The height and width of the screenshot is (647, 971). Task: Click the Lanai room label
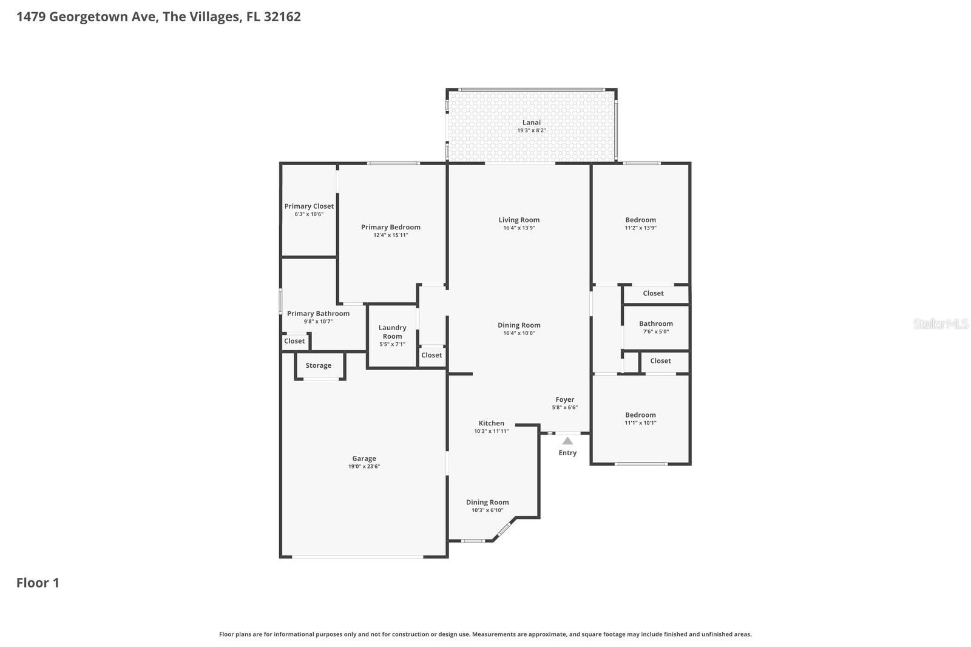(x=531, y=123)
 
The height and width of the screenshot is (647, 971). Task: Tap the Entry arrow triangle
(x=567, y=441)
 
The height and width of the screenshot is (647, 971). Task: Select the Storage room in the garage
(x=319, y=365)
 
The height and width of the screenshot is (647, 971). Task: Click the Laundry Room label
(x=392, y=331)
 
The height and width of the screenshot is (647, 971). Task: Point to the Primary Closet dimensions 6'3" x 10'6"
(x=309, y=214)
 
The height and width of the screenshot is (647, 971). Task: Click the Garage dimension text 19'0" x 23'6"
(x=364, y=467)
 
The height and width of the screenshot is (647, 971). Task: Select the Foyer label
(x=564, y=399)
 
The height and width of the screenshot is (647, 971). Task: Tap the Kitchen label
(x=491, y=423)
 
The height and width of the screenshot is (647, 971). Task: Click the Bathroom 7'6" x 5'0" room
(x=655, y=327)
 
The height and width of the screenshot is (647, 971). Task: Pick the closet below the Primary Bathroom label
(x=294, y=341)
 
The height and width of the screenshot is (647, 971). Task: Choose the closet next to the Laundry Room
(x=431, y=355)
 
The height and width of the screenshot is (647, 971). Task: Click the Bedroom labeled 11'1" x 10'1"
(x=640, y=418)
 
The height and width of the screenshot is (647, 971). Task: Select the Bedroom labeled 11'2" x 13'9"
(x=640, y=223)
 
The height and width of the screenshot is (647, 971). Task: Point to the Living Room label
(x=519, y=220)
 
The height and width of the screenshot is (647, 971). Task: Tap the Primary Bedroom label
(x=390, y=227)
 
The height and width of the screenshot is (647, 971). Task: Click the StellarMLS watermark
(x=940, y=323)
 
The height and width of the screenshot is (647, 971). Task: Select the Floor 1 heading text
(x=38, y=583)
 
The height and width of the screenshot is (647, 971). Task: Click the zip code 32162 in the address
(x=282, y=16)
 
